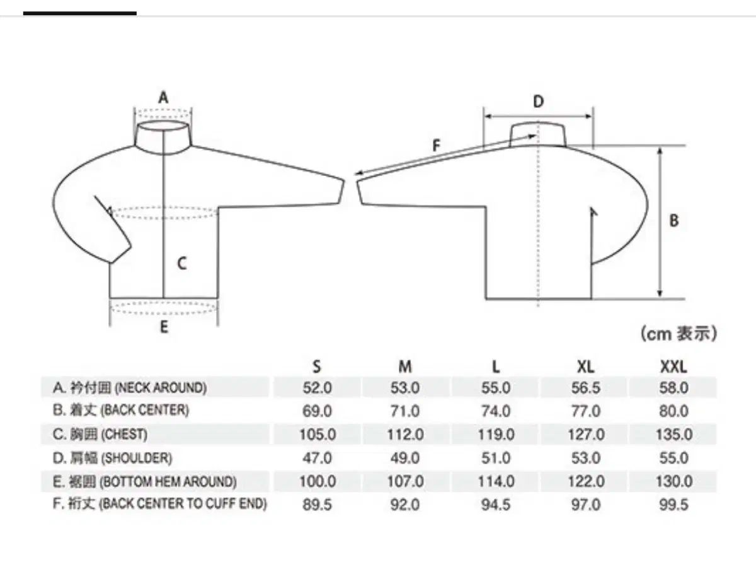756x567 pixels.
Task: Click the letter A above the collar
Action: point(164,97)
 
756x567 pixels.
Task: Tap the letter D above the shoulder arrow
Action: point(538,102)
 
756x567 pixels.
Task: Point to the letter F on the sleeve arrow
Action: point(437,146)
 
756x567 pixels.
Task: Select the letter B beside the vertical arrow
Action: point(674,221)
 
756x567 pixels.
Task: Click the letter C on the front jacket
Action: point(182,264)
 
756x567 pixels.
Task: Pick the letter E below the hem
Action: point(164,327)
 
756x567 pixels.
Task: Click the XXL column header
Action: point(673,366)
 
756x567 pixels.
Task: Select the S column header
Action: point(317,366)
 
